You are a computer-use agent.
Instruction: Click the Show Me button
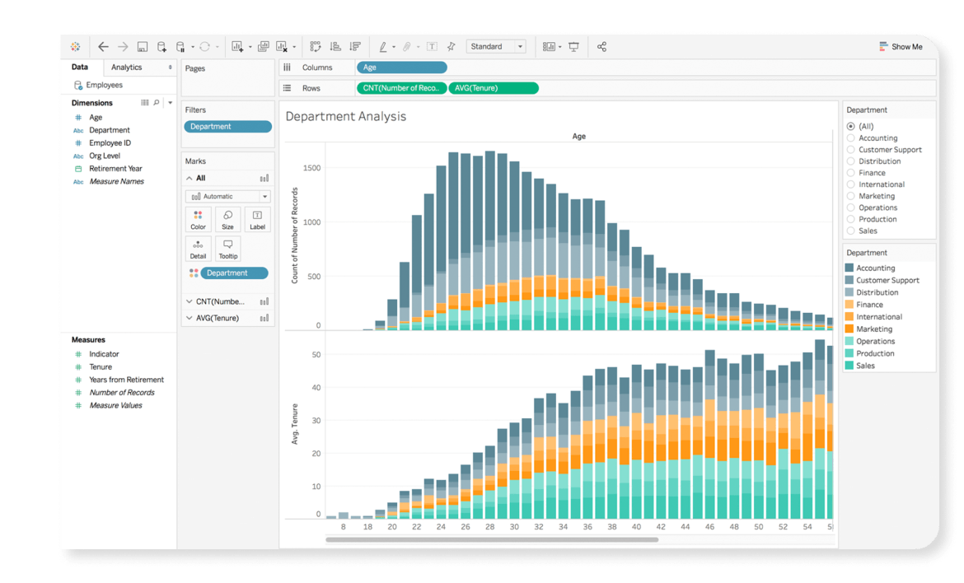point(901,47)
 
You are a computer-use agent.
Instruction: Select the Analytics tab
point(127,68)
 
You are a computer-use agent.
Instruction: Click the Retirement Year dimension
point(115,169)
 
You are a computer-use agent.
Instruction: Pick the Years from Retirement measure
point(126,380)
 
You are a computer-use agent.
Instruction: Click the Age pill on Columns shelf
point(401,68)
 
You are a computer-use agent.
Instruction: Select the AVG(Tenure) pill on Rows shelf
point(493,88)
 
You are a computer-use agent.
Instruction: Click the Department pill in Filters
point(227,127)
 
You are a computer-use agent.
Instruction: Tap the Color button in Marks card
point(198,220)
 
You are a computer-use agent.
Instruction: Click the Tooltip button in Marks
point(227,249)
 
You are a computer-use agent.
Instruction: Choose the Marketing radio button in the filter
point(851,196)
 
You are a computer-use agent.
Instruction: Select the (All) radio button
point(851,126)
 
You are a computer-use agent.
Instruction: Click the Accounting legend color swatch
point(849,268)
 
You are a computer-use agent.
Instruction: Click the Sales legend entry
point(865,366)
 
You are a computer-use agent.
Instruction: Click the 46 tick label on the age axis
point(709,527)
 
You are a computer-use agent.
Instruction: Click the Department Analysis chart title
point(345,117)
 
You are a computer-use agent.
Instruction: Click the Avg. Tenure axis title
point(295,425)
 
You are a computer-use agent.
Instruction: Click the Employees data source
point(104,85)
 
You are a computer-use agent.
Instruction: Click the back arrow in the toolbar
point(103,47)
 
